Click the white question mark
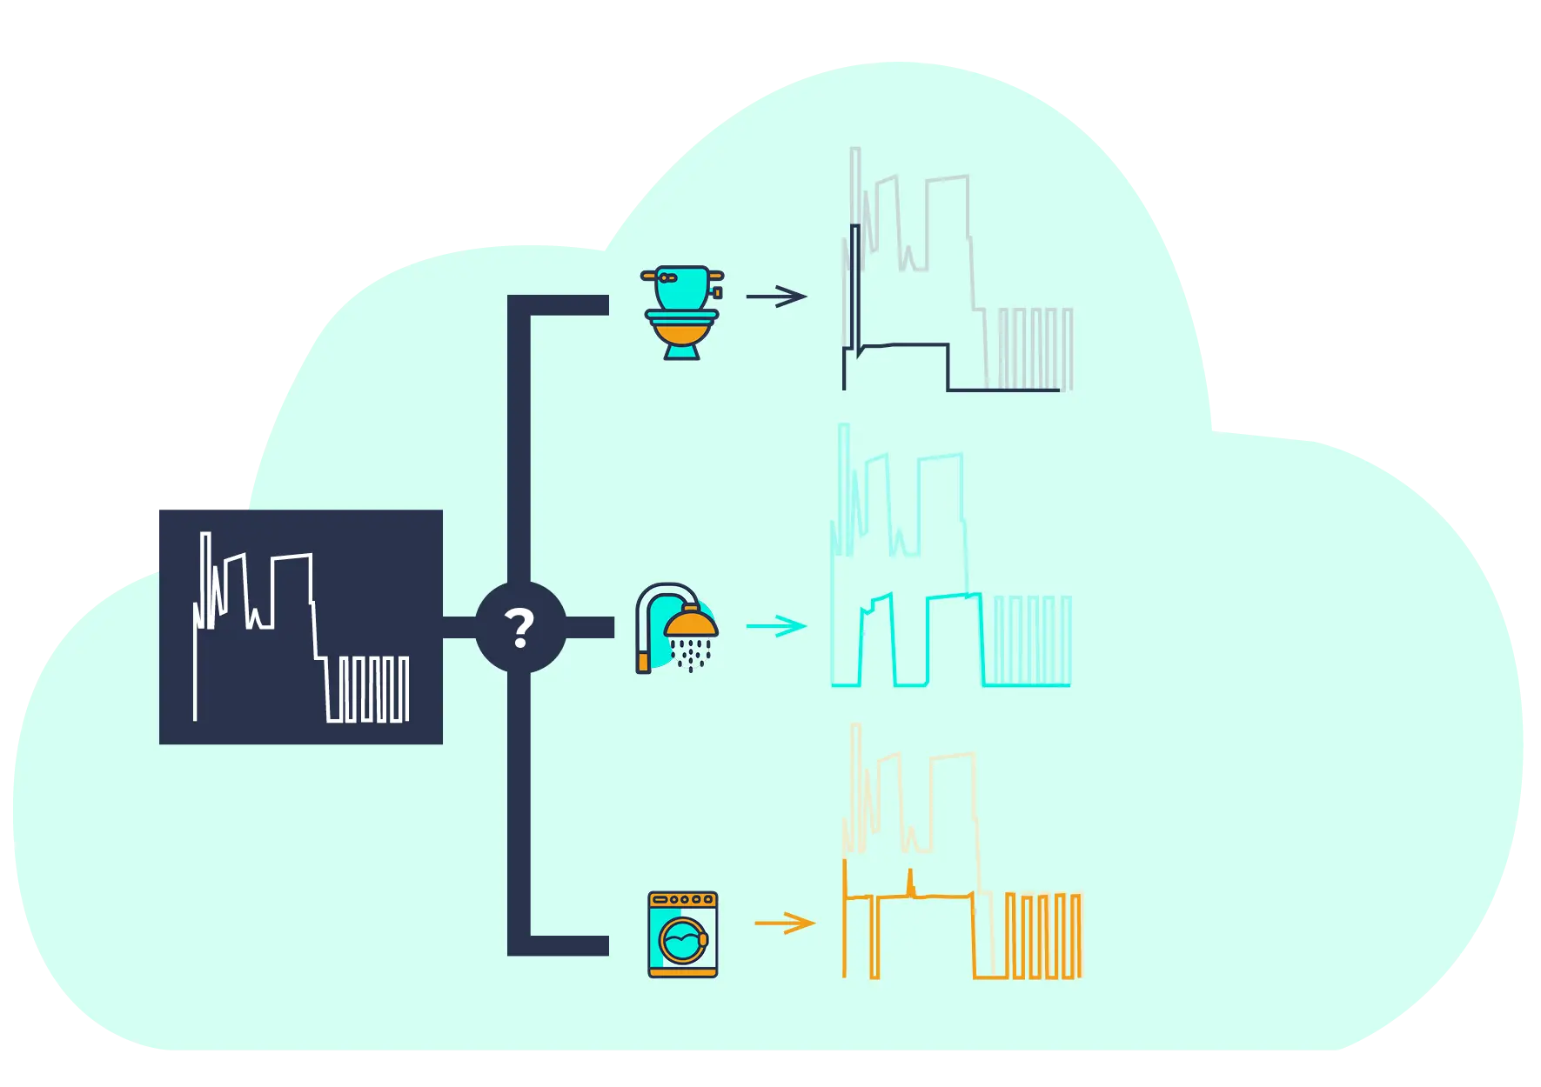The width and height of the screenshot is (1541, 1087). click(x=519, y=628)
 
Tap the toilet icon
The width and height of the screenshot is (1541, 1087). click(x=682, y=312)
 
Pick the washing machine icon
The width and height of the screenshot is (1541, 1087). click(x=683, y=935)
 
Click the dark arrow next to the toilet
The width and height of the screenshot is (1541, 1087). click(x=776, y=297)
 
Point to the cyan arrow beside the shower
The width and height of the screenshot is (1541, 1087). click(x=776, y=626)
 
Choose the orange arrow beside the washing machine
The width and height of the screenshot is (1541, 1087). click(x=784, y=923)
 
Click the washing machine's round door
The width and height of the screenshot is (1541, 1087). click(x=683, y=941)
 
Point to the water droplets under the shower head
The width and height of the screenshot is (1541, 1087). click(x=691, y=654)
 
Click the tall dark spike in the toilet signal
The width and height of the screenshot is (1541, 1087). click(x=855, y=278)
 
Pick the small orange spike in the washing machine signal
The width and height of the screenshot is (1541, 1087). click(x=910, y=882)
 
